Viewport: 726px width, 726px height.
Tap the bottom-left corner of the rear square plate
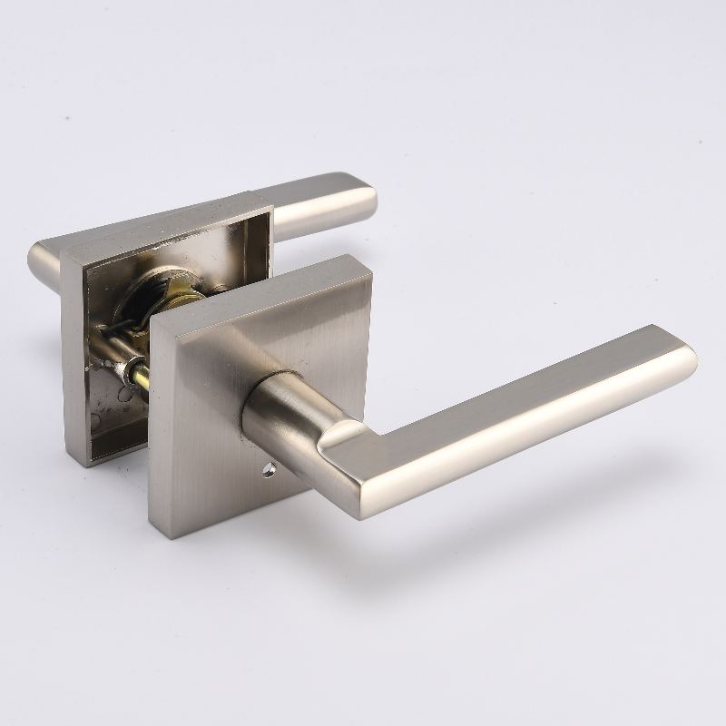point(87,463)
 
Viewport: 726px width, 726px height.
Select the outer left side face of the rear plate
point(74,363)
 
